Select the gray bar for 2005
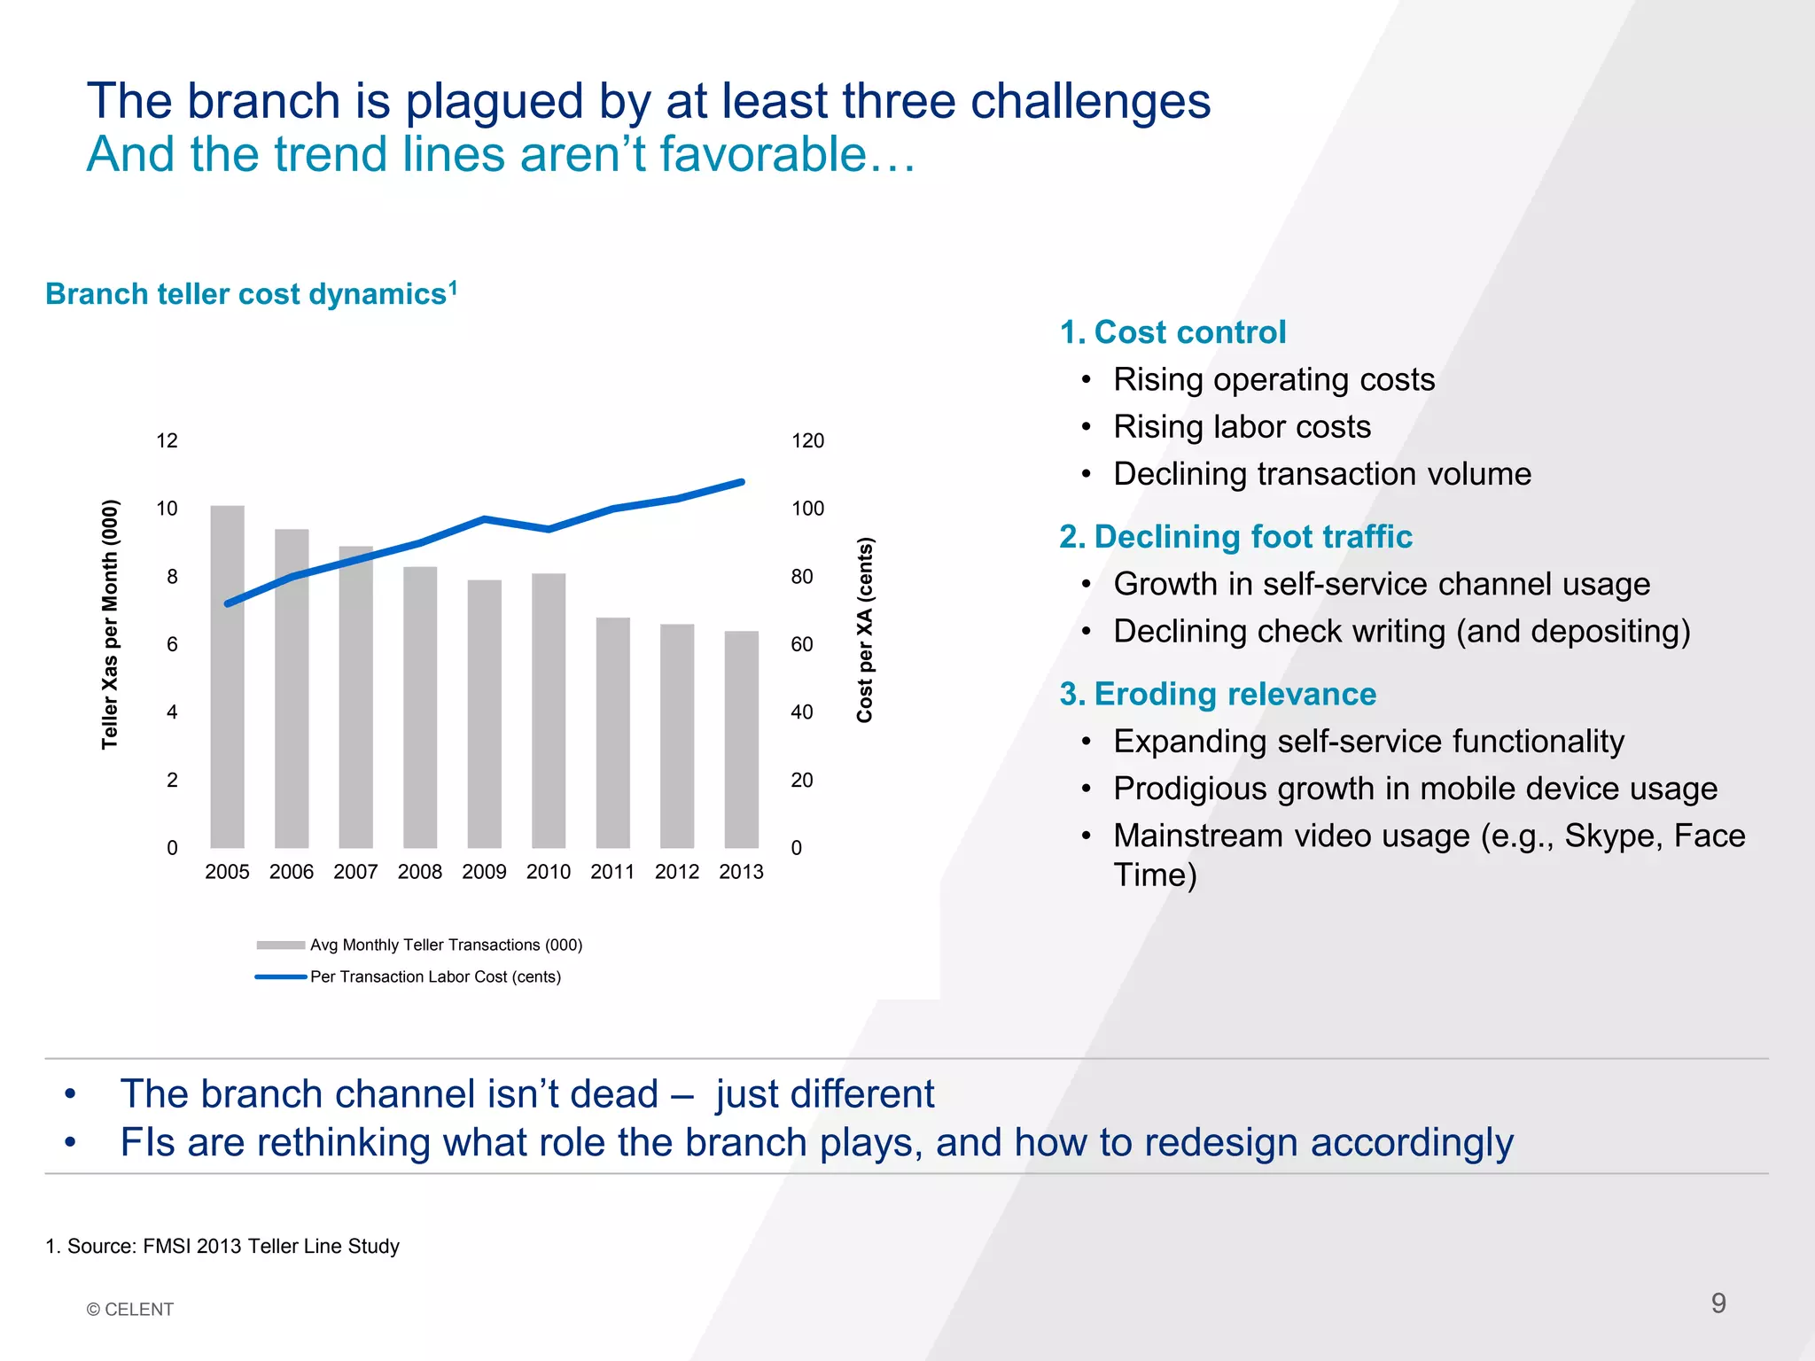pos(227,678)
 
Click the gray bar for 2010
pos(549,712)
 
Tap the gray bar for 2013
pos(741,740)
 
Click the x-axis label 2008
pos(419,872)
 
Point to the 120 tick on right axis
pos(807,441)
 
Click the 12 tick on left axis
pos(167,441)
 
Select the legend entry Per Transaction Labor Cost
pos(434,976)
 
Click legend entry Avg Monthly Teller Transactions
pos(445,945)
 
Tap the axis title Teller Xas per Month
pos(110,625)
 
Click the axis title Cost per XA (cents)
pos(865,630)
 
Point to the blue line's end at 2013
pos(741,482)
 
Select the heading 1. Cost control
pos(1172,332)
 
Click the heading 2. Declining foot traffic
pos(1235,537)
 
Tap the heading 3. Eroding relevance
pos(1218,694)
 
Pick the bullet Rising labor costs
pos(1242,427)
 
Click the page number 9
pos(1718,1303)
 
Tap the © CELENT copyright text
pos(130,1310)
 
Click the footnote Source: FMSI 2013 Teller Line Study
pos(222,1246)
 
